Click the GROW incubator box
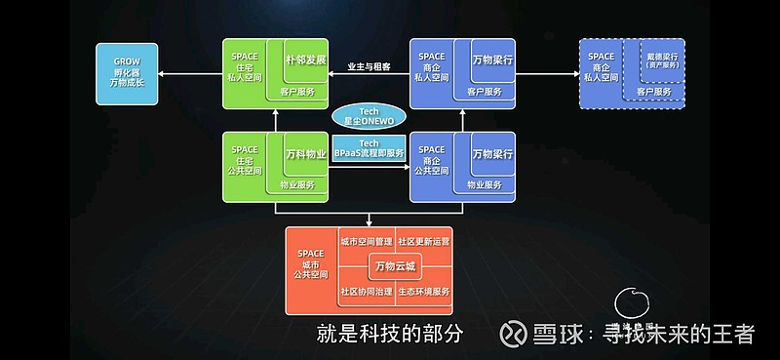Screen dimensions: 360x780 point(127,74)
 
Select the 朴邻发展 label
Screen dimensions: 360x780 point(304,60)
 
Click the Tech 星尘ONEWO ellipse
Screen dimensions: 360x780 point(368,114)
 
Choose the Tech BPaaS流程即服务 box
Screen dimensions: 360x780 point(368,147)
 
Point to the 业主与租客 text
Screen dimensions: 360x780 point(369,67)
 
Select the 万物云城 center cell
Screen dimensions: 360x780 point(395,265)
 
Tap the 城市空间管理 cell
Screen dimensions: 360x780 point(365,240)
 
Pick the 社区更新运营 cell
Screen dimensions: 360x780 point(424,240)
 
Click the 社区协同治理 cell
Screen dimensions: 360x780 point(365,292)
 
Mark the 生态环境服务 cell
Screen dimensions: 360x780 point(424,292)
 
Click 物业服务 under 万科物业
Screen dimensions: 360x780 point(297,184)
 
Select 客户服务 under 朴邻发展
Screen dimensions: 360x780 point(297,92)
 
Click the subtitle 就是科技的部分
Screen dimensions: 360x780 point(388,334)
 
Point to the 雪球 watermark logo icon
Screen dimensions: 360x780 point(516,335)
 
